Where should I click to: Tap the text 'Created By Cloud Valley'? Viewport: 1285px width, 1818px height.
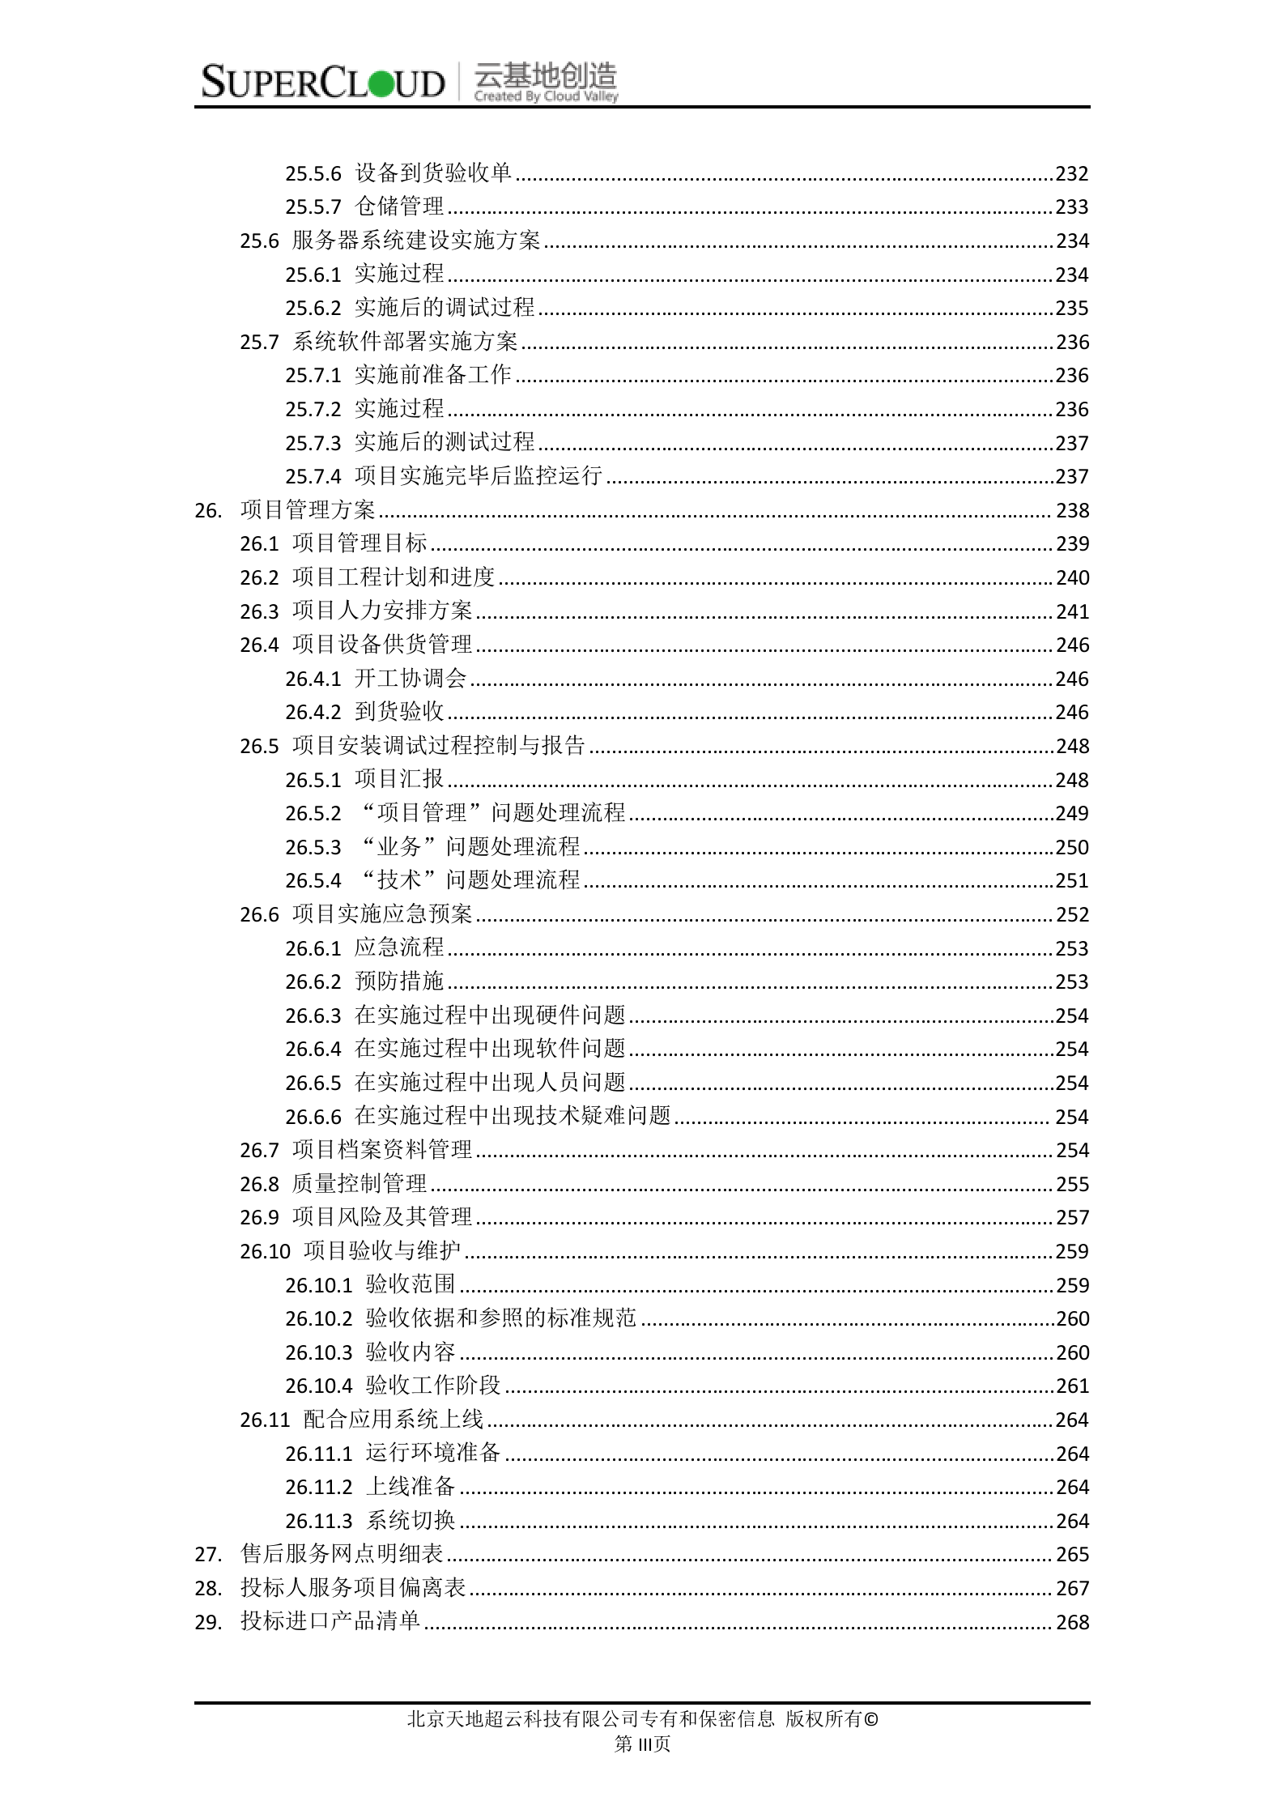[x=546, y=97]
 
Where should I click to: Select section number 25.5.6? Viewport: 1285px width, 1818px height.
[x=313, y=173]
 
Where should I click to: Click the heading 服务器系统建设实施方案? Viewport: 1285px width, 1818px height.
[x=415, y=241]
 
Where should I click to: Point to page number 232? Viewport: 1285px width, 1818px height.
[x=1072, y=173]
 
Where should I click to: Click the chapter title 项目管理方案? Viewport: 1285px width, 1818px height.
[x=308, y=510]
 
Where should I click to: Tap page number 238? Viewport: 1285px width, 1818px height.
[x=1073, y=510]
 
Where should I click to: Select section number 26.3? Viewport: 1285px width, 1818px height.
[x=259, y=611]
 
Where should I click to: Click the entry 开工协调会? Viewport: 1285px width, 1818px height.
[x=411, y=679]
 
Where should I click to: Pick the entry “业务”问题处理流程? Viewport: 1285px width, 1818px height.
[x=468, y=847]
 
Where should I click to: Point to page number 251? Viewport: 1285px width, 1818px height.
[x=1072, y=880]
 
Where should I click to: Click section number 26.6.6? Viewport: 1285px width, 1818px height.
[x=313, y=1117]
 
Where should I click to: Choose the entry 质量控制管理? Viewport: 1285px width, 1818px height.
[x=360, y=1184]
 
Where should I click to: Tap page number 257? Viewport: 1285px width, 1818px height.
[x=1073, y=1217]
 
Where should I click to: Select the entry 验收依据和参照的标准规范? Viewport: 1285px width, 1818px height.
[x=501, y=1318]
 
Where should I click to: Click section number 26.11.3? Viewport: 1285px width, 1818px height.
[x=318, y=1521]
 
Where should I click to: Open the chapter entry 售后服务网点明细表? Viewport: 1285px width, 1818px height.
[x=343, y=1554]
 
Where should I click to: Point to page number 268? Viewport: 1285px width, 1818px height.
[x=1073, y=1622]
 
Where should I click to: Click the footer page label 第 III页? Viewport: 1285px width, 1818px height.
[x=642, y=1743]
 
